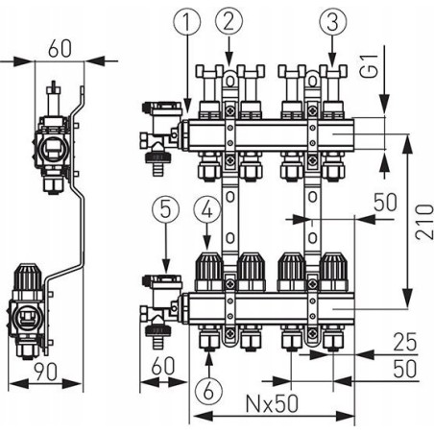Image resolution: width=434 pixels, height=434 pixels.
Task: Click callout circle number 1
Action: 187,21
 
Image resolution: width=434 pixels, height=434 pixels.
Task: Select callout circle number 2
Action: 229,21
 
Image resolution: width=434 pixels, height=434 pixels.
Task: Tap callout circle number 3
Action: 333,21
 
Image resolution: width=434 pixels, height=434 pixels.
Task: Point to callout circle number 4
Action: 207,210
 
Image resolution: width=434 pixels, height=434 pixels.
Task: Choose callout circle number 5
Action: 165,210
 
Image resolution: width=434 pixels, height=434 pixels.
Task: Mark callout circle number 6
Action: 208,390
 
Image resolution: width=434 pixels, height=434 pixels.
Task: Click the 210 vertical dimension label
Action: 424,222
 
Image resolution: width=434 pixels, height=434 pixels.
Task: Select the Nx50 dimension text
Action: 272,403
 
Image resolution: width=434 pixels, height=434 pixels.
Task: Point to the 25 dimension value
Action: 405,342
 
